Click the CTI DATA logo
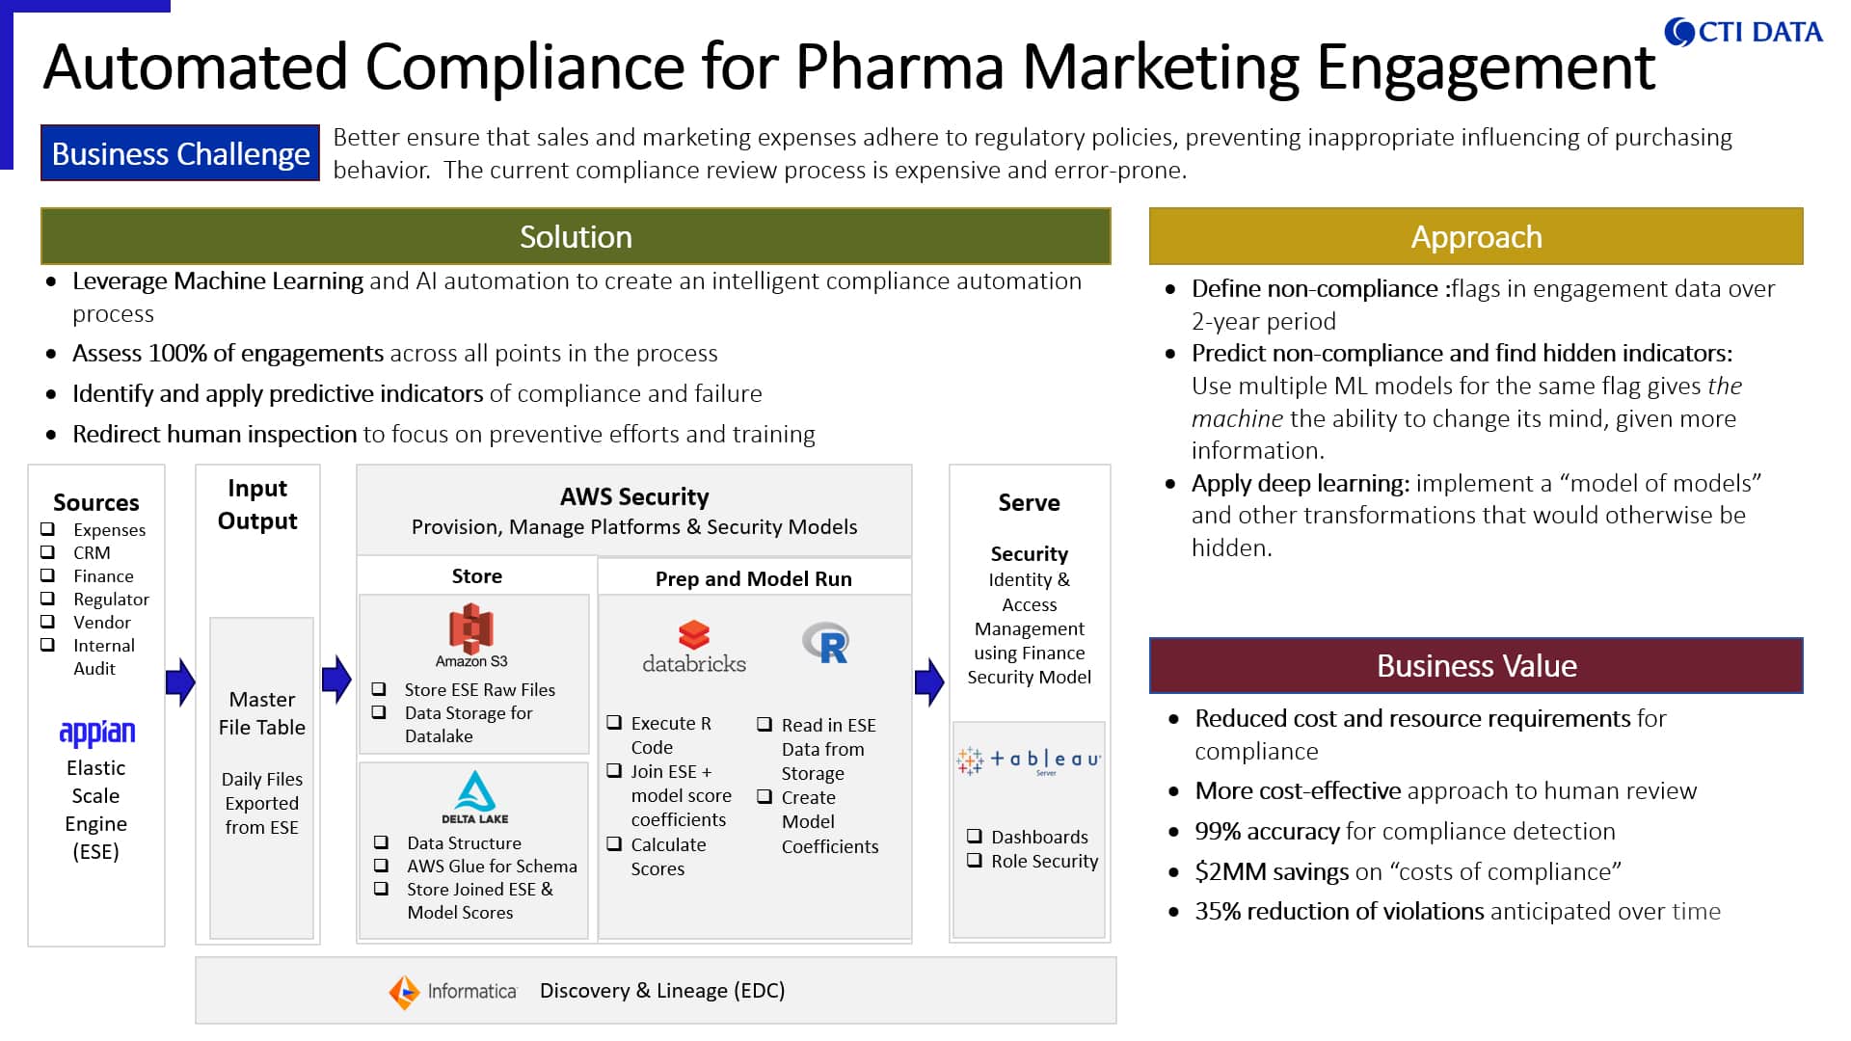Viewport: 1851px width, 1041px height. (1743, 32)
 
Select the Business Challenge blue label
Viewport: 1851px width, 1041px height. (180, 153)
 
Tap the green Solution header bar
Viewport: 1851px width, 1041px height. (576, 236)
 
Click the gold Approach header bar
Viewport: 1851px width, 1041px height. (1476, 236)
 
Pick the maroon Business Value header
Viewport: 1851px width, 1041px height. (1476, 665)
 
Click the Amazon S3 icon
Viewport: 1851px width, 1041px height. (471, 634)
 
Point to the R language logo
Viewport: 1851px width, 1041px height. (826, 643)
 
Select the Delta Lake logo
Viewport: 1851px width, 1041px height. (475, 796)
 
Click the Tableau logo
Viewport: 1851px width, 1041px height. (1029, 761)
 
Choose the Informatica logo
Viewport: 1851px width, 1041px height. (453, 991)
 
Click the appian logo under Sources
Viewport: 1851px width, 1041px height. (96, 734)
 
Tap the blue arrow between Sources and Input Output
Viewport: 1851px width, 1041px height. (180, 682)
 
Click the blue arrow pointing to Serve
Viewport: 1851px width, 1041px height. (929, 682)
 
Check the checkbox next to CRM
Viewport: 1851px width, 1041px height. (47, 551)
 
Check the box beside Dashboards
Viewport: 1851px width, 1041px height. (975, 836)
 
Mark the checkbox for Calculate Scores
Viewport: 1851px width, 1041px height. (614, 843)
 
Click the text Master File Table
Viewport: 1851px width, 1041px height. (262, 713)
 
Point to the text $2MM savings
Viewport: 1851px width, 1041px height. (1272, 871)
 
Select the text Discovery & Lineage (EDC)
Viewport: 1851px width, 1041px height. (662, 991)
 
